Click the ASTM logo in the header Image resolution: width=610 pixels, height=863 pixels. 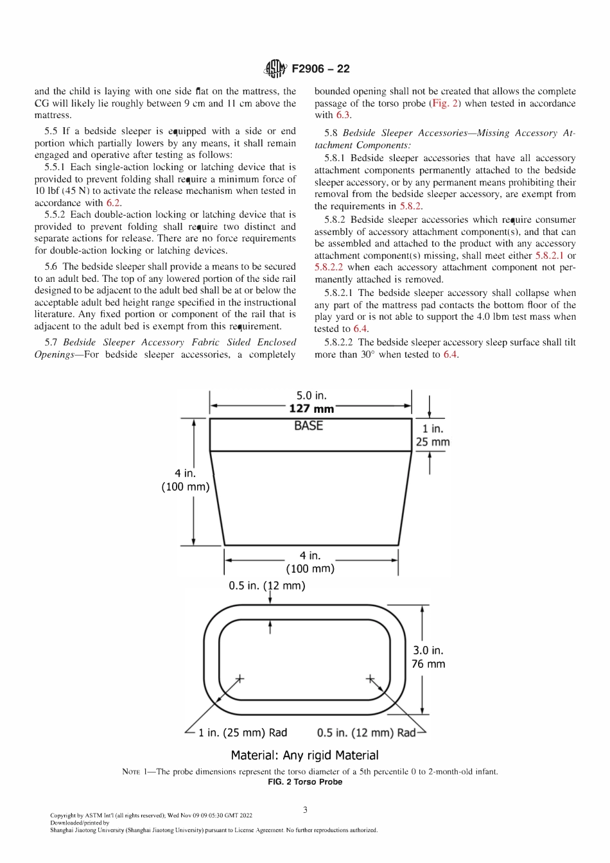tap(277, 69)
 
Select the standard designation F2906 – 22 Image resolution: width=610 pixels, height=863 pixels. tap(320, 69)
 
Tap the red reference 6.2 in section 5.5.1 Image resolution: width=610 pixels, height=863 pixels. tap(114, 203)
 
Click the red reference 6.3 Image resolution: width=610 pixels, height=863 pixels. tap(344, 115)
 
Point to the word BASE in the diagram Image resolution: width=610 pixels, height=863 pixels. tap(308, 426)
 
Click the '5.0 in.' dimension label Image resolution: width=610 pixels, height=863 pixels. tap(311, 396)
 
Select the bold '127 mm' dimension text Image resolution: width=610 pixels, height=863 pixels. tap(311, 408)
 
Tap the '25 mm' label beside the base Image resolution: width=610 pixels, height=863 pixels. tap(433, 442)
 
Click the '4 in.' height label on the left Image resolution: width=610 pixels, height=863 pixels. tap(185, 473)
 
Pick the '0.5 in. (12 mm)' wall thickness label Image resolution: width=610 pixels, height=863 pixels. tap(267, 586)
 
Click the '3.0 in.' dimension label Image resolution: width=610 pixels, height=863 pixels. tap(428, 650)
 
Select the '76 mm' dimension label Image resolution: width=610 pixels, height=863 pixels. tap(428, 664)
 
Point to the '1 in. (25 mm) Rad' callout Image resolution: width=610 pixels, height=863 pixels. tap(243, 733)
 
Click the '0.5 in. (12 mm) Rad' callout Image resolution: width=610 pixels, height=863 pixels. tap(366, 733)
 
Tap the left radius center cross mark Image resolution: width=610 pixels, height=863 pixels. tap(240, 678)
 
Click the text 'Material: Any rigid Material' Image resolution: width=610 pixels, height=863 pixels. tap(304, 755)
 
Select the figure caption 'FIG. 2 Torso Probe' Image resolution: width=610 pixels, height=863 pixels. tap(304, 782)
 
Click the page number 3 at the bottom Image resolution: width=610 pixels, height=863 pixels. tap(305, 810)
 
